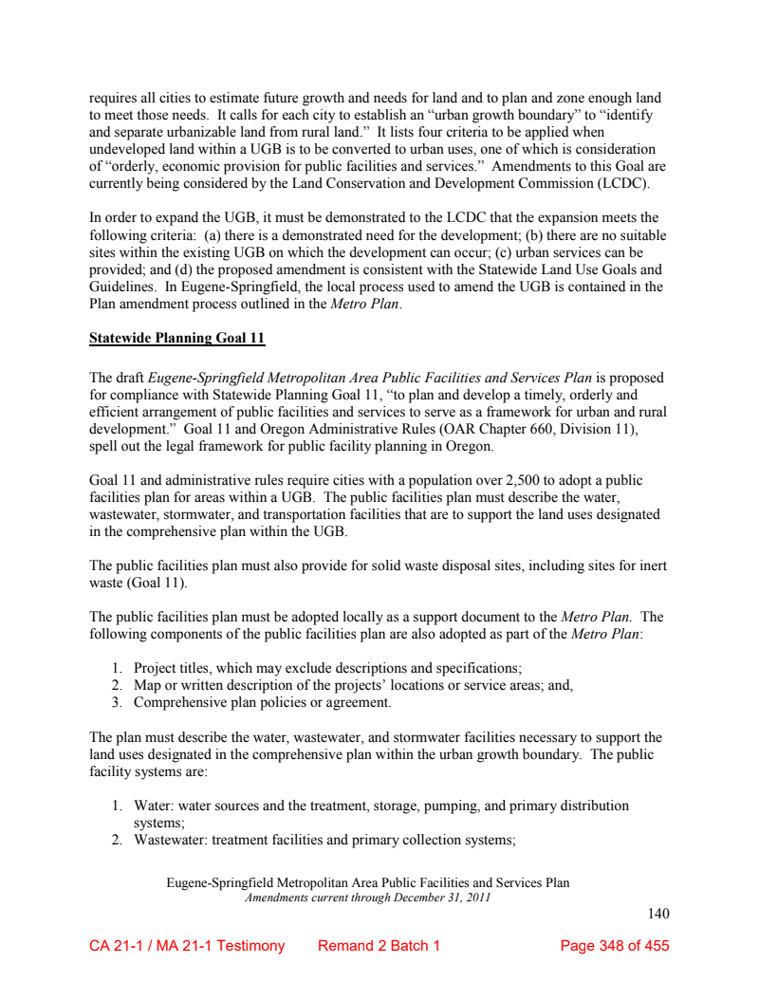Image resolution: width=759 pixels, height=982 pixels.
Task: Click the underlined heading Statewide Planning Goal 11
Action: [176, 337]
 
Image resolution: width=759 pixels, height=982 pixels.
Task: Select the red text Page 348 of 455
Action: [615, 946]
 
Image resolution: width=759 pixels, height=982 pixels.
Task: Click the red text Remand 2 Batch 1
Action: [379, 946]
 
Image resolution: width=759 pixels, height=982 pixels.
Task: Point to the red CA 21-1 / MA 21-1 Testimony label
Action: [187, 946]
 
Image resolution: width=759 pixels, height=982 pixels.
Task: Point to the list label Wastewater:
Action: [170, 840]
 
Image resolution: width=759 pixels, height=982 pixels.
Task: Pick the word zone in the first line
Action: [545, 98]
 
